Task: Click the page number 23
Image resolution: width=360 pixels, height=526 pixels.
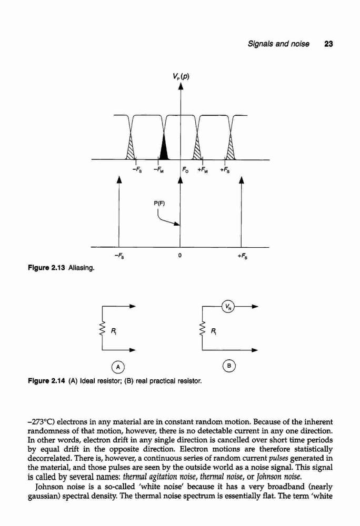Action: [x=328, y=44]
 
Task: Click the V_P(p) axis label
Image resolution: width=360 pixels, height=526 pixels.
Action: [x=181, y=76]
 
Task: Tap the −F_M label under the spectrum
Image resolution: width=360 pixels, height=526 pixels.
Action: [x=158, y=170]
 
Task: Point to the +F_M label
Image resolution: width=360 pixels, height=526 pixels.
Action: [x=202, y=170]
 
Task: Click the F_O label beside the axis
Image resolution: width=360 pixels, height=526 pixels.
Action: [x=186, y=170]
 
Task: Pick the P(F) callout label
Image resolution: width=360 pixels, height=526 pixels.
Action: [x=159, y=203]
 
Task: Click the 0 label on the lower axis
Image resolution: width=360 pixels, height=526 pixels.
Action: [x=180, y=256]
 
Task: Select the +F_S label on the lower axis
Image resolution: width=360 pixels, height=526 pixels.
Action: [x=242, y=257]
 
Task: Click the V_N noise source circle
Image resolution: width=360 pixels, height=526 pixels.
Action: [x=228, y=306]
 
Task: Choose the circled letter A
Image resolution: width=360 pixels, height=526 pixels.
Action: [x=118, y=367]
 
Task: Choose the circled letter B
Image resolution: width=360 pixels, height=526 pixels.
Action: [x=229, y=366]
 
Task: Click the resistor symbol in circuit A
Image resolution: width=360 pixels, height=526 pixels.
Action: [x=102, y=328]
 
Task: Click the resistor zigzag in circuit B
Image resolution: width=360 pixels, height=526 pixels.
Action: [x=202, y=328]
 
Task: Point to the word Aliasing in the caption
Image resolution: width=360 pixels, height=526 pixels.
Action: [x=82, y=268]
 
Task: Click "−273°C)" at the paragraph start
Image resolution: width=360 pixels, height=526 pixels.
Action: [x=41, y=422]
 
